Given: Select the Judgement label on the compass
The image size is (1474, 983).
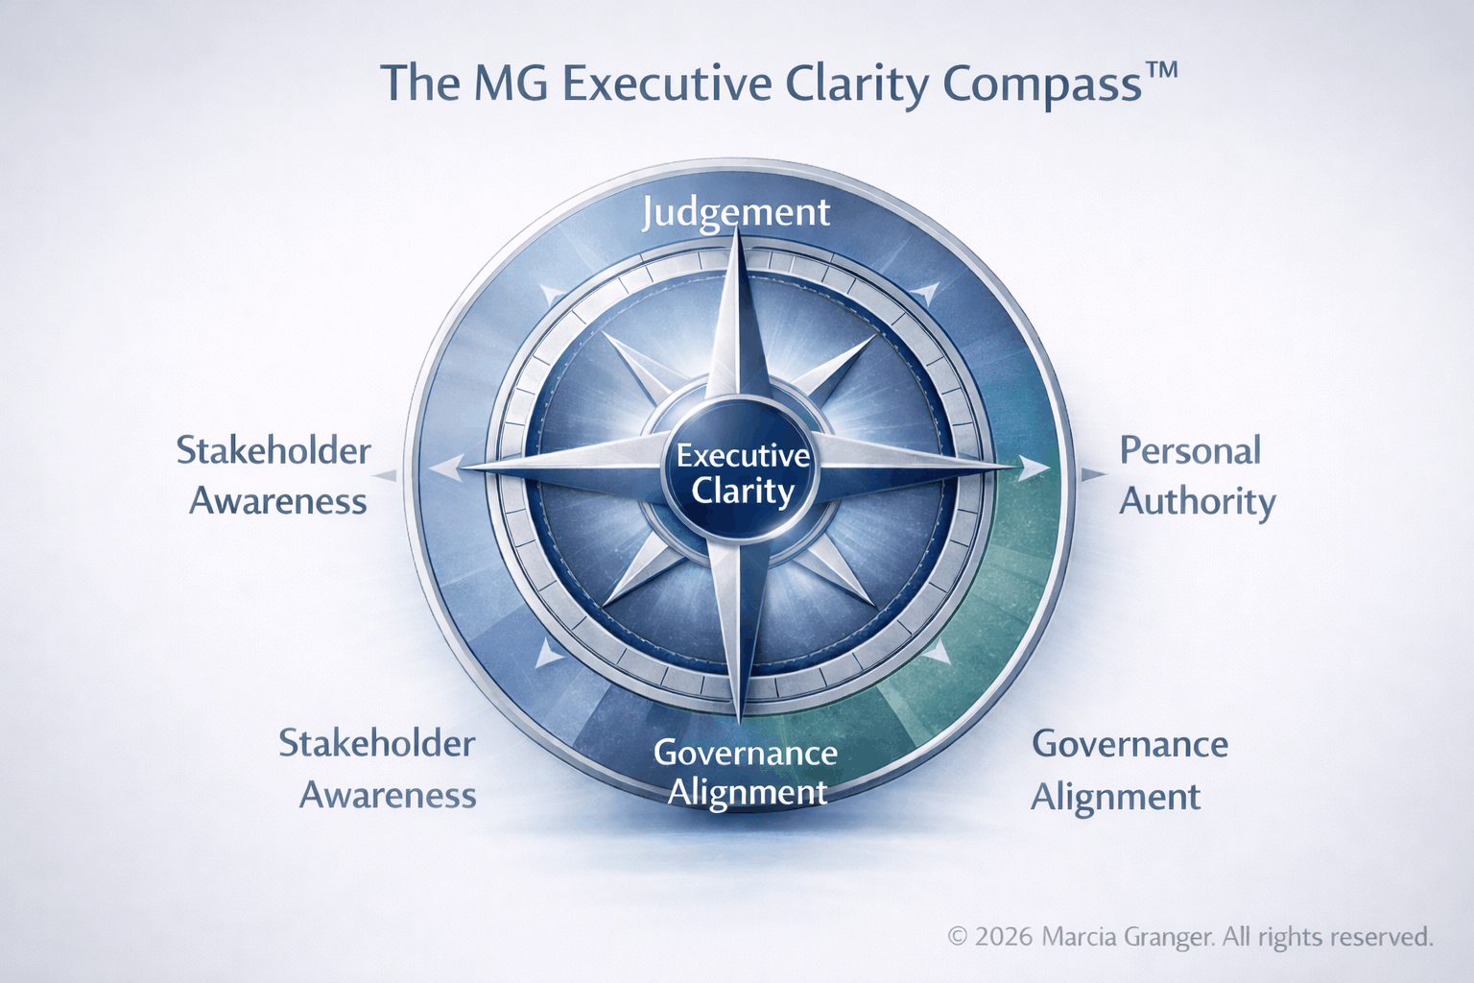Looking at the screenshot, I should pyautogui.click(x=735, y=212).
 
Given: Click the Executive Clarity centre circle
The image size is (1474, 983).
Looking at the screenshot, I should pyautogui.click(x=742, y=472).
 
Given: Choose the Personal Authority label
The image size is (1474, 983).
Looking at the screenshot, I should pyautogui.click(x=1196, y=476).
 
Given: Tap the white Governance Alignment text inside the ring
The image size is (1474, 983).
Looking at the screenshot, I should pyautogui.click(x=746, y=773).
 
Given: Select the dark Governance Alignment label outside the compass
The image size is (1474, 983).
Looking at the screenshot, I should pyautogui.click(x=1128, y=770).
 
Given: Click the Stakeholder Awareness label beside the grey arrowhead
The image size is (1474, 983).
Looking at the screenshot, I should pyautogui.click(x=274, y=476).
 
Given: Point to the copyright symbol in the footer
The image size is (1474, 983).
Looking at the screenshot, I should pyautogui.click(x=958, y=937).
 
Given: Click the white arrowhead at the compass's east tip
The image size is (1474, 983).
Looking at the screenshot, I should pyautogui.click(x=1034, y=468).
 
